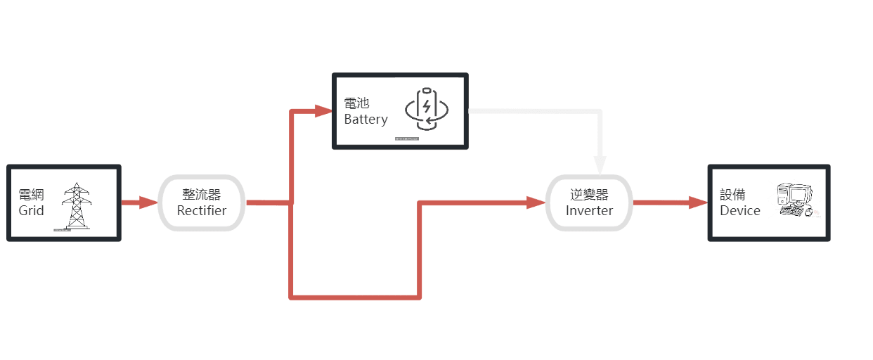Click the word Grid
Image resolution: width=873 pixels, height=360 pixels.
coord(32,210)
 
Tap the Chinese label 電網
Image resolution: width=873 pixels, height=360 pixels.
coord(32,195)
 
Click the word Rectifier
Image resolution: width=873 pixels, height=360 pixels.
coord(202,210)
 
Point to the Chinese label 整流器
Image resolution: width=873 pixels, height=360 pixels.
coord(202,195)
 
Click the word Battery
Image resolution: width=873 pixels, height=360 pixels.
coord(366,120)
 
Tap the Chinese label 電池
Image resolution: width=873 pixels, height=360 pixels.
coord(356,103)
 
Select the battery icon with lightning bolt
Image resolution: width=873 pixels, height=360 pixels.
coord(426,109)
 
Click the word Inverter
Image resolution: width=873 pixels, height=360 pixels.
coord(589,210)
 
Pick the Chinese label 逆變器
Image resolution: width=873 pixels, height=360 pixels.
coord(589,195)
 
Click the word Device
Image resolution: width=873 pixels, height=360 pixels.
coord(740,210)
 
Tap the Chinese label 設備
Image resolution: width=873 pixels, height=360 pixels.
coord(733,195)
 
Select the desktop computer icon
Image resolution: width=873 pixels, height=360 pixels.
coord(795,200)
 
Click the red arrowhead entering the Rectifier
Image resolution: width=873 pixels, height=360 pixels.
coord(148,202)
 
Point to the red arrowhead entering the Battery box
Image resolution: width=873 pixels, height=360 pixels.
coord(323,110)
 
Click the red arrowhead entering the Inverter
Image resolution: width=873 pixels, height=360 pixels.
coord(537,202)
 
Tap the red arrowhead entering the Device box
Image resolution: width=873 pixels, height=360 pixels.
coord(698,202)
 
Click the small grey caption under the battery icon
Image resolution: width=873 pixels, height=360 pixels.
coord(406,139)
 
